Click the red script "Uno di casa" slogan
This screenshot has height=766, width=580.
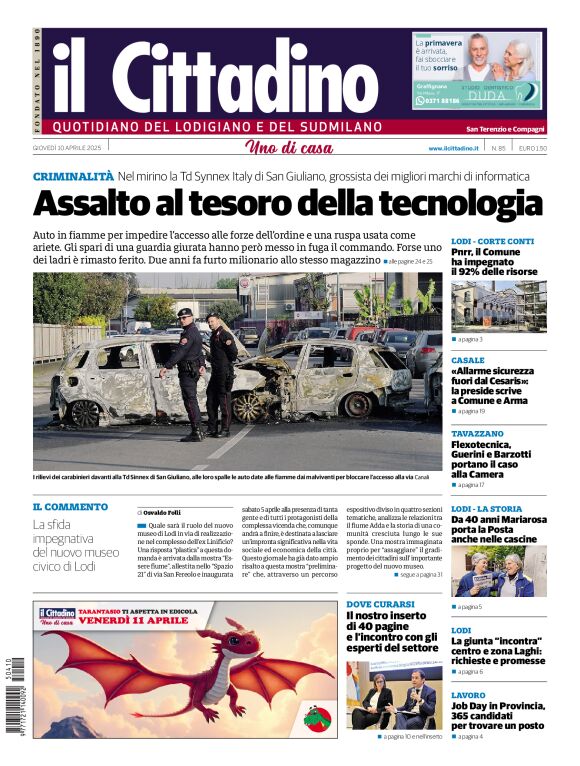tap(289, 148)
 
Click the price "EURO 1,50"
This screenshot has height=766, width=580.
tap(532, 148)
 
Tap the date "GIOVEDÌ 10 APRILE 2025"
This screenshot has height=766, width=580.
tap(68, 148)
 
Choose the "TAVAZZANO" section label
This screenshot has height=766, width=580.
tap(477, 433)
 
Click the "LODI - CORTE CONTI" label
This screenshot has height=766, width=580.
tap(492, 241)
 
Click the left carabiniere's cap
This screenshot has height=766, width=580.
tap(184, 313)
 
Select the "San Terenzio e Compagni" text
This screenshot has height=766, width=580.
tap(505, 128)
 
